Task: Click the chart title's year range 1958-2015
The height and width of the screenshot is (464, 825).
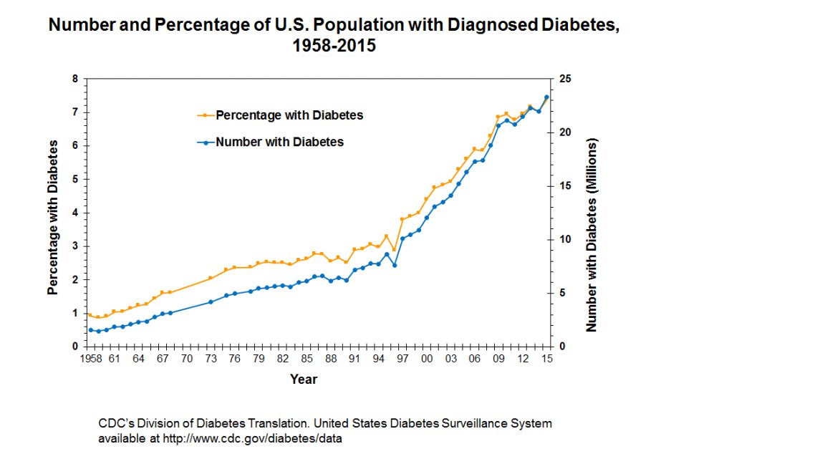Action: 333,46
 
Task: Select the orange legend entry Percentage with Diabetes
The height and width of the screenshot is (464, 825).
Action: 289,115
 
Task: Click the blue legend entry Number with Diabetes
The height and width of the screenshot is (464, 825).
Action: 279,142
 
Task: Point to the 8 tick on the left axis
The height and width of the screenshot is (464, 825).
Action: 75,79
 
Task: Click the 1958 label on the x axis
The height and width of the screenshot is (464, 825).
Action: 90,359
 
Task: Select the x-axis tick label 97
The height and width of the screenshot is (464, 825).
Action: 402,359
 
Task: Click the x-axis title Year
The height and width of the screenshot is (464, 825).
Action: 304,379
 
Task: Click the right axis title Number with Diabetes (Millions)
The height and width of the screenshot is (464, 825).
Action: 592,235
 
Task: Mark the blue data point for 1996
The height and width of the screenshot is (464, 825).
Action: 395,265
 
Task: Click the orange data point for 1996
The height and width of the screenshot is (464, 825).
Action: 394,250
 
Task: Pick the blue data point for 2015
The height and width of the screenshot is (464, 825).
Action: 546,97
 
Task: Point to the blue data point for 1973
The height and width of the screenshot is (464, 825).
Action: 211,302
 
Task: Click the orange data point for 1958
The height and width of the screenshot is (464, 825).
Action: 90,315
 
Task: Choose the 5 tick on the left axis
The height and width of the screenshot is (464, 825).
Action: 75,179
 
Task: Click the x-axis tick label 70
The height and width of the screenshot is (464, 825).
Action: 186,359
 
